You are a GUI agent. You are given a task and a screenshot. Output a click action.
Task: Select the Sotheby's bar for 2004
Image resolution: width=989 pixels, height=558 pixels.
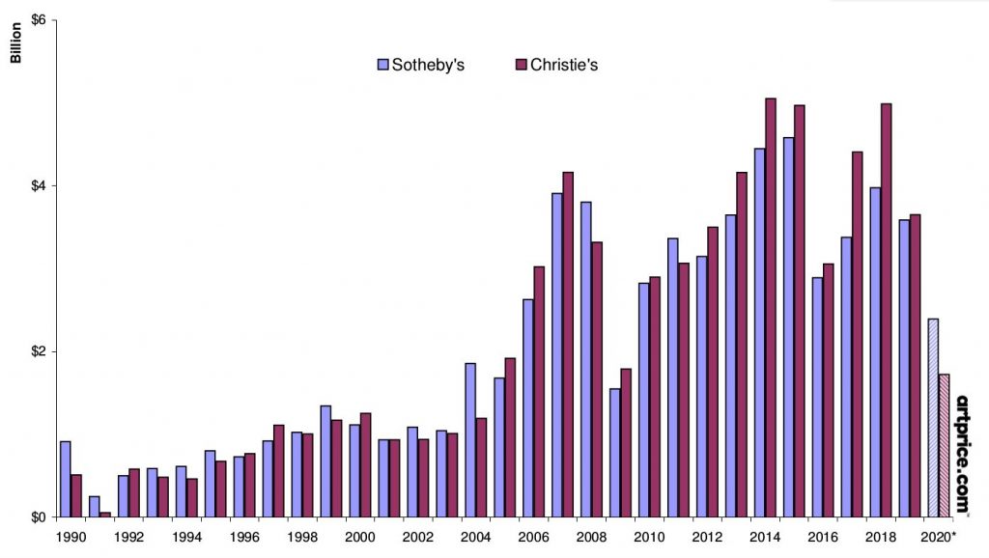pos(470,439)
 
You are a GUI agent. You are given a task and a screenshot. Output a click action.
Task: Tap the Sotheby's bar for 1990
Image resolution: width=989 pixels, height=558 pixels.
pos(65,479)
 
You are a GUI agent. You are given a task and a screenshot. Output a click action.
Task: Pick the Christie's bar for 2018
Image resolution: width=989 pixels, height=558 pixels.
pos(887,310)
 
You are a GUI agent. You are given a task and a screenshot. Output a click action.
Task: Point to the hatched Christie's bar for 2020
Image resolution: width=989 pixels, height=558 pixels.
pos(945,445)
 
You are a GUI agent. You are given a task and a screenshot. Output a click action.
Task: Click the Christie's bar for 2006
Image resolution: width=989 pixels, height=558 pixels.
pos(539,391)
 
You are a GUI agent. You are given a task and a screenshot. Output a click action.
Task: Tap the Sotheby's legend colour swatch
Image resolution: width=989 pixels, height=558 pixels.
pos(382,65)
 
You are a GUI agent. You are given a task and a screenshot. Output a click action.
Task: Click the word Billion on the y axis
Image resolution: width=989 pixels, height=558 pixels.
pos(15,43)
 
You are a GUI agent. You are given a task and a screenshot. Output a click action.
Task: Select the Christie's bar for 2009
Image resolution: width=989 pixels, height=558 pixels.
pos(626,442)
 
